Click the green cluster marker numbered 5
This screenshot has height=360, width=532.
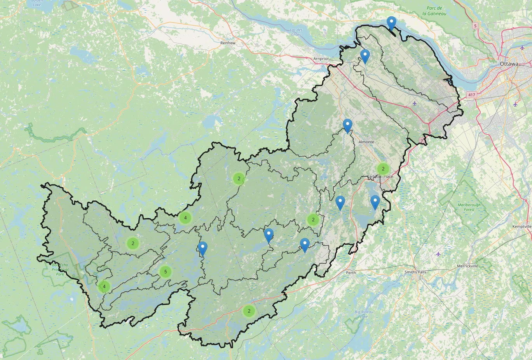point(166,271)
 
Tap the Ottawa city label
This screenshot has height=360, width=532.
point(509,64)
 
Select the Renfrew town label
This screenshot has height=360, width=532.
point(228,43)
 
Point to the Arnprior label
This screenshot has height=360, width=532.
point(321,59)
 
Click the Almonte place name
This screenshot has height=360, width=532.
point(366,142)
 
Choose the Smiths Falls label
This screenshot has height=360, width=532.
point(415,272)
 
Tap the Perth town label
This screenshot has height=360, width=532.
point(351,273)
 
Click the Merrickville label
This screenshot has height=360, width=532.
point(467,266)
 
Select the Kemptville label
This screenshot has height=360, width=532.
point(522,226)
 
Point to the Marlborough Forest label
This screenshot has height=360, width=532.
point(469,207)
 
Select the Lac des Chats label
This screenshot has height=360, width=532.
point(296,32)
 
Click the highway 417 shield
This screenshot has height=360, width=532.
point(472,95)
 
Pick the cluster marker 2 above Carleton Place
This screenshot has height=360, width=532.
point(383,169)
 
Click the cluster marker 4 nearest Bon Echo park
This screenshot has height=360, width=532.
point(104,287)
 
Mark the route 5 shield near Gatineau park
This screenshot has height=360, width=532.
point(475,26)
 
